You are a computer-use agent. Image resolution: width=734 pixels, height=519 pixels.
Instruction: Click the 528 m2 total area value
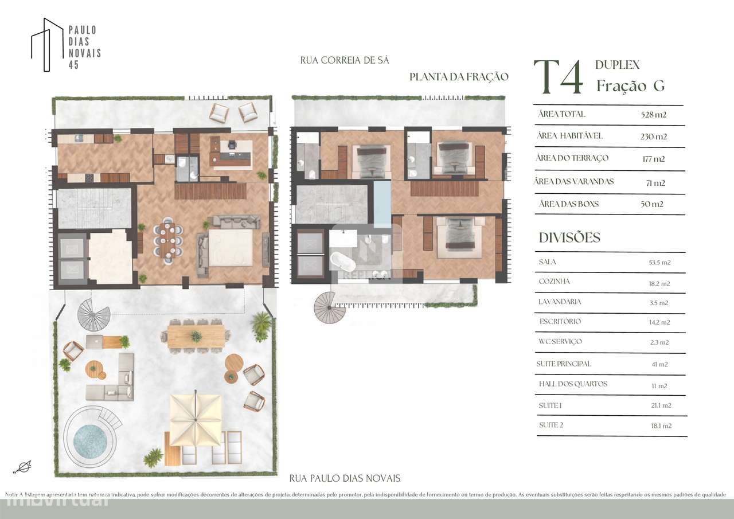[x=653, y=115]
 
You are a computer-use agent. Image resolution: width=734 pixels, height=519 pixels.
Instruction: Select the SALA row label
[x=548, y=262]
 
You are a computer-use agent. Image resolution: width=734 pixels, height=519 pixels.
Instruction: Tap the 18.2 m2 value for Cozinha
[x=659, y=283]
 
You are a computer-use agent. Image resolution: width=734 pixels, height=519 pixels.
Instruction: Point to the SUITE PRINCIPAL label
[x=564, y=364]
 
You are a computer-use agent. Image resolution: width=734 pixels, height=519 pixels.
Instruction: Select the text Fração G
[x=630, y=86]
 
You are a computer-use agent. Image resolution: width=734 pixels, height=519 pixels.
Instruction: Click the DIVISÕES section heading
[x=569, y=237]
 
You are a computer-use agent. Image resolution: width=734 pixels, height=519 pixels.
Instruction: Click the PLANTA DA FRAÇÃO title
[x=459, y=77]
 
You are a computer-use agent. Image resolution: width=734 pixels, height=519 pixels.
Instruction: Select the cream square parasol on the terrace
[x=195, y=418]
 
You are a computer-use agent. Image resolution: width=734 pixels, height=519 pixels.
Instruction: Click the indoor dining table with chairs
[x=169, y=241]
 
